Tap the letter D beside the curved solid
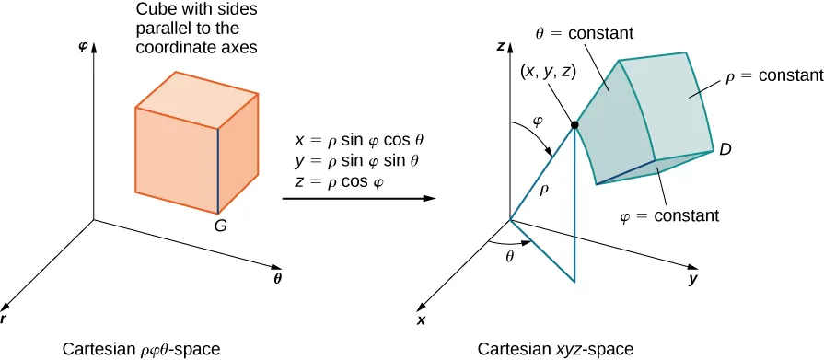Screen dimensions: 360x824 [725, 149]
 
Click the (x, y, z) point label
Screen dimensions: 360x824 [549, 70]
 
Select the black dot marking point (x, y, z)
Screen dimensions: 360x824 [575, 124]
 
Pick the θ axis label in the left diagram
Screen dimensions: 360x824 [277, 275]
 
